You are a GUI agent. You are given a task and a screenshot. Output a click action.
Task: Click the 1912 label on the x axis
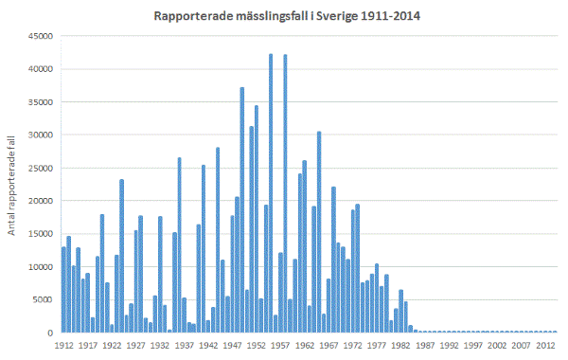click(64, 347)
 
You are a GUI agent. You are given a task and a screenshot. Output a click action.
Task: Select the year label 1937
click(185, 347)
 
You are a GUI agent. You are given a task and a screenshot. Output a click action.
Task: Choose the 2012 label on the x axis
click(544, 347)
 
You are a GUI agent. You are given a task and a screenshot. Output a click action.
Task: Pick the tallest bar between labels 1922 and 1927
click(121, 256)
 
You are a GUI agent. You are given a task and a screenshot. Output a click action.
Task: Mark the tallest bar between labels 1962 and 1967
click(319, 232)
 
